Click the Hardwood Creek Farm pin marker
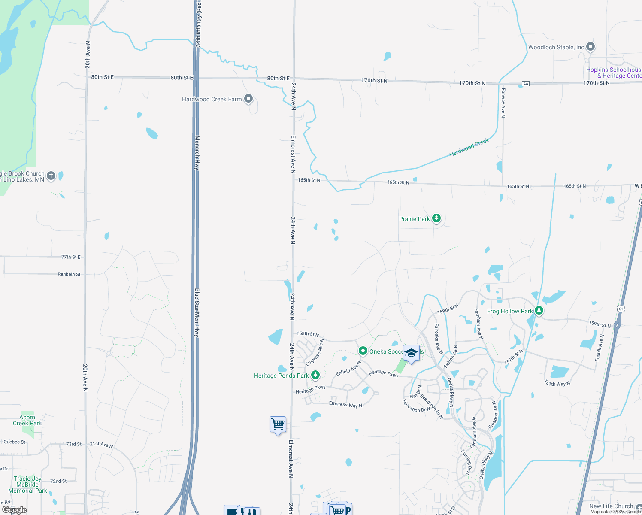click(248, 99)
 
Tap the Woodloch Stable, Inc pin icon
click(591, 46)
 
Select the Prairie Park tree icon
click(436, 218)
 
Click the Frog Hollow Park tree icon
click(539, 310)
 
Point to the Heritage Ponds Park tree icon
click(315, 375)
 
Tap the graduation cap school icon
click(411, 353)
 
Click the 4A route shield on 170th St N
click(526, 83)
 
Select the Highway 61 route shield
click(621, 309)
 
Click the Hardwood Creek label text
click(469, 147)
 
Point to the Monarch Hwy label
click(197, 153)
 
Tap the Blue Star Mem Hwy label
click(197, 312)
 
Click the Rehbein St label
click(69, 274)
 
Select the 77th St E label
click(71, 257)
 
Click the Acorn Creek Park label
click(27, 420)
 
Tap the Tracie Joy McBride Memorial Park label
click(28, 485)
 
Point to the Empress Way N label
click(345, 404)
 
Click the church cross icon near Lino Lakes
click(51, 176)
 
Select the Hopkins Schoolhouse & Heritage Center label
click(614, 73)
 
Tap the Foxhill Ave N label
click(599, 347)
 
